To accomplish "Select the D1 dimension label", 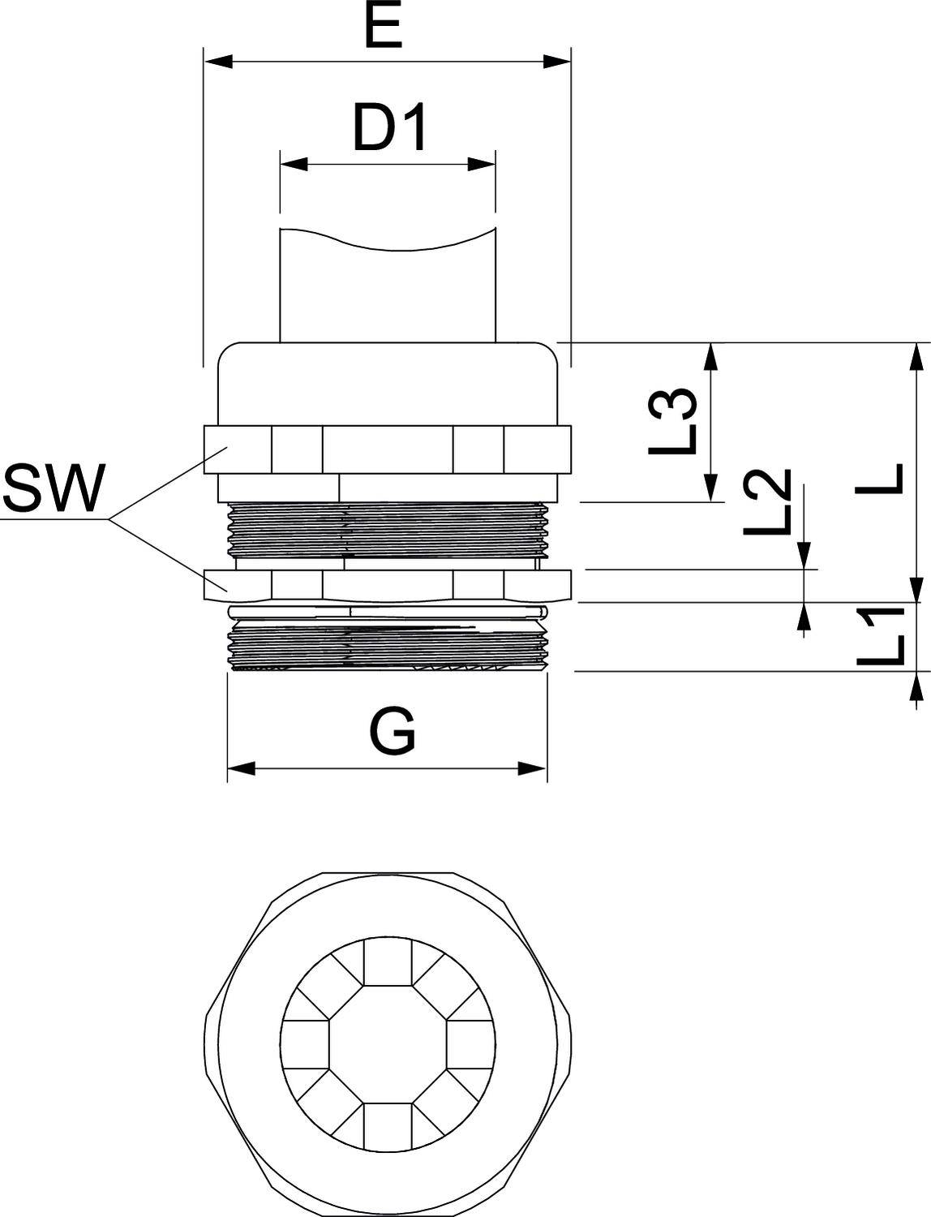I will (390, 129).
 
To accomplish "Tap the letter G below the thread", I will (393, 731).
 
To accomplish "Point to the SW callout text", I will (54, 489).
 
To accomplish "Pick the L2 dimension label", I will (766, 503).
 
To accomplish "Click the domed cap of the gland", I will (388, 381).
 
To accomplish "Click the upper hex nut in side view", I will (388, 449).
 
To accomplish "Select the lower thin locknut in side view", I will (388, 584).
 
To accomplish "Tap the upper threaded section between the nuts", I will (388, 529).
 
